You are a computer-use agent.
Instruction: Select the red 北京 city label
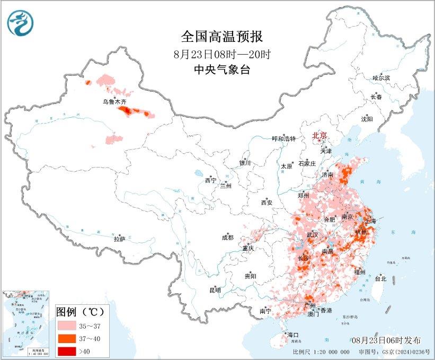click(x=319, y=135)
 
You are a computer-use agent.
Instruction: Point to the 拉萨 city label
click(x=119, y=239)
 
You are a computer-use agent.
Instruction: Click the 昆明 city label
click(x=215, y=290)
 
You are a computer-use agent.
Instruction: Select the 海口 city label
click(x=293, y=335)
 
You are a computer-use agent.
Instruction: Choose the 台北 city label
click(x=380, y=278)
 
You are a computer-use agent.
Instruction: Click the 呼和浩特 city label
click(x=283, y=138)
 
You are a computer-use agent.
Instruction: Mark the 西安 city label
click(x=266, y=203)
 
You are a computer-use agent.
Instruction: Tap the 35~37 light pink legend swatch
click(x=68, y=324)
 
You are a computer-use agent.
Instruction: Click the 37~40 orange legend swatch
click(x=68, y=337)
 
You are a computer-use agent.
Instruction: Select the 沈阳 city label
click(x=367, y=119)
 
